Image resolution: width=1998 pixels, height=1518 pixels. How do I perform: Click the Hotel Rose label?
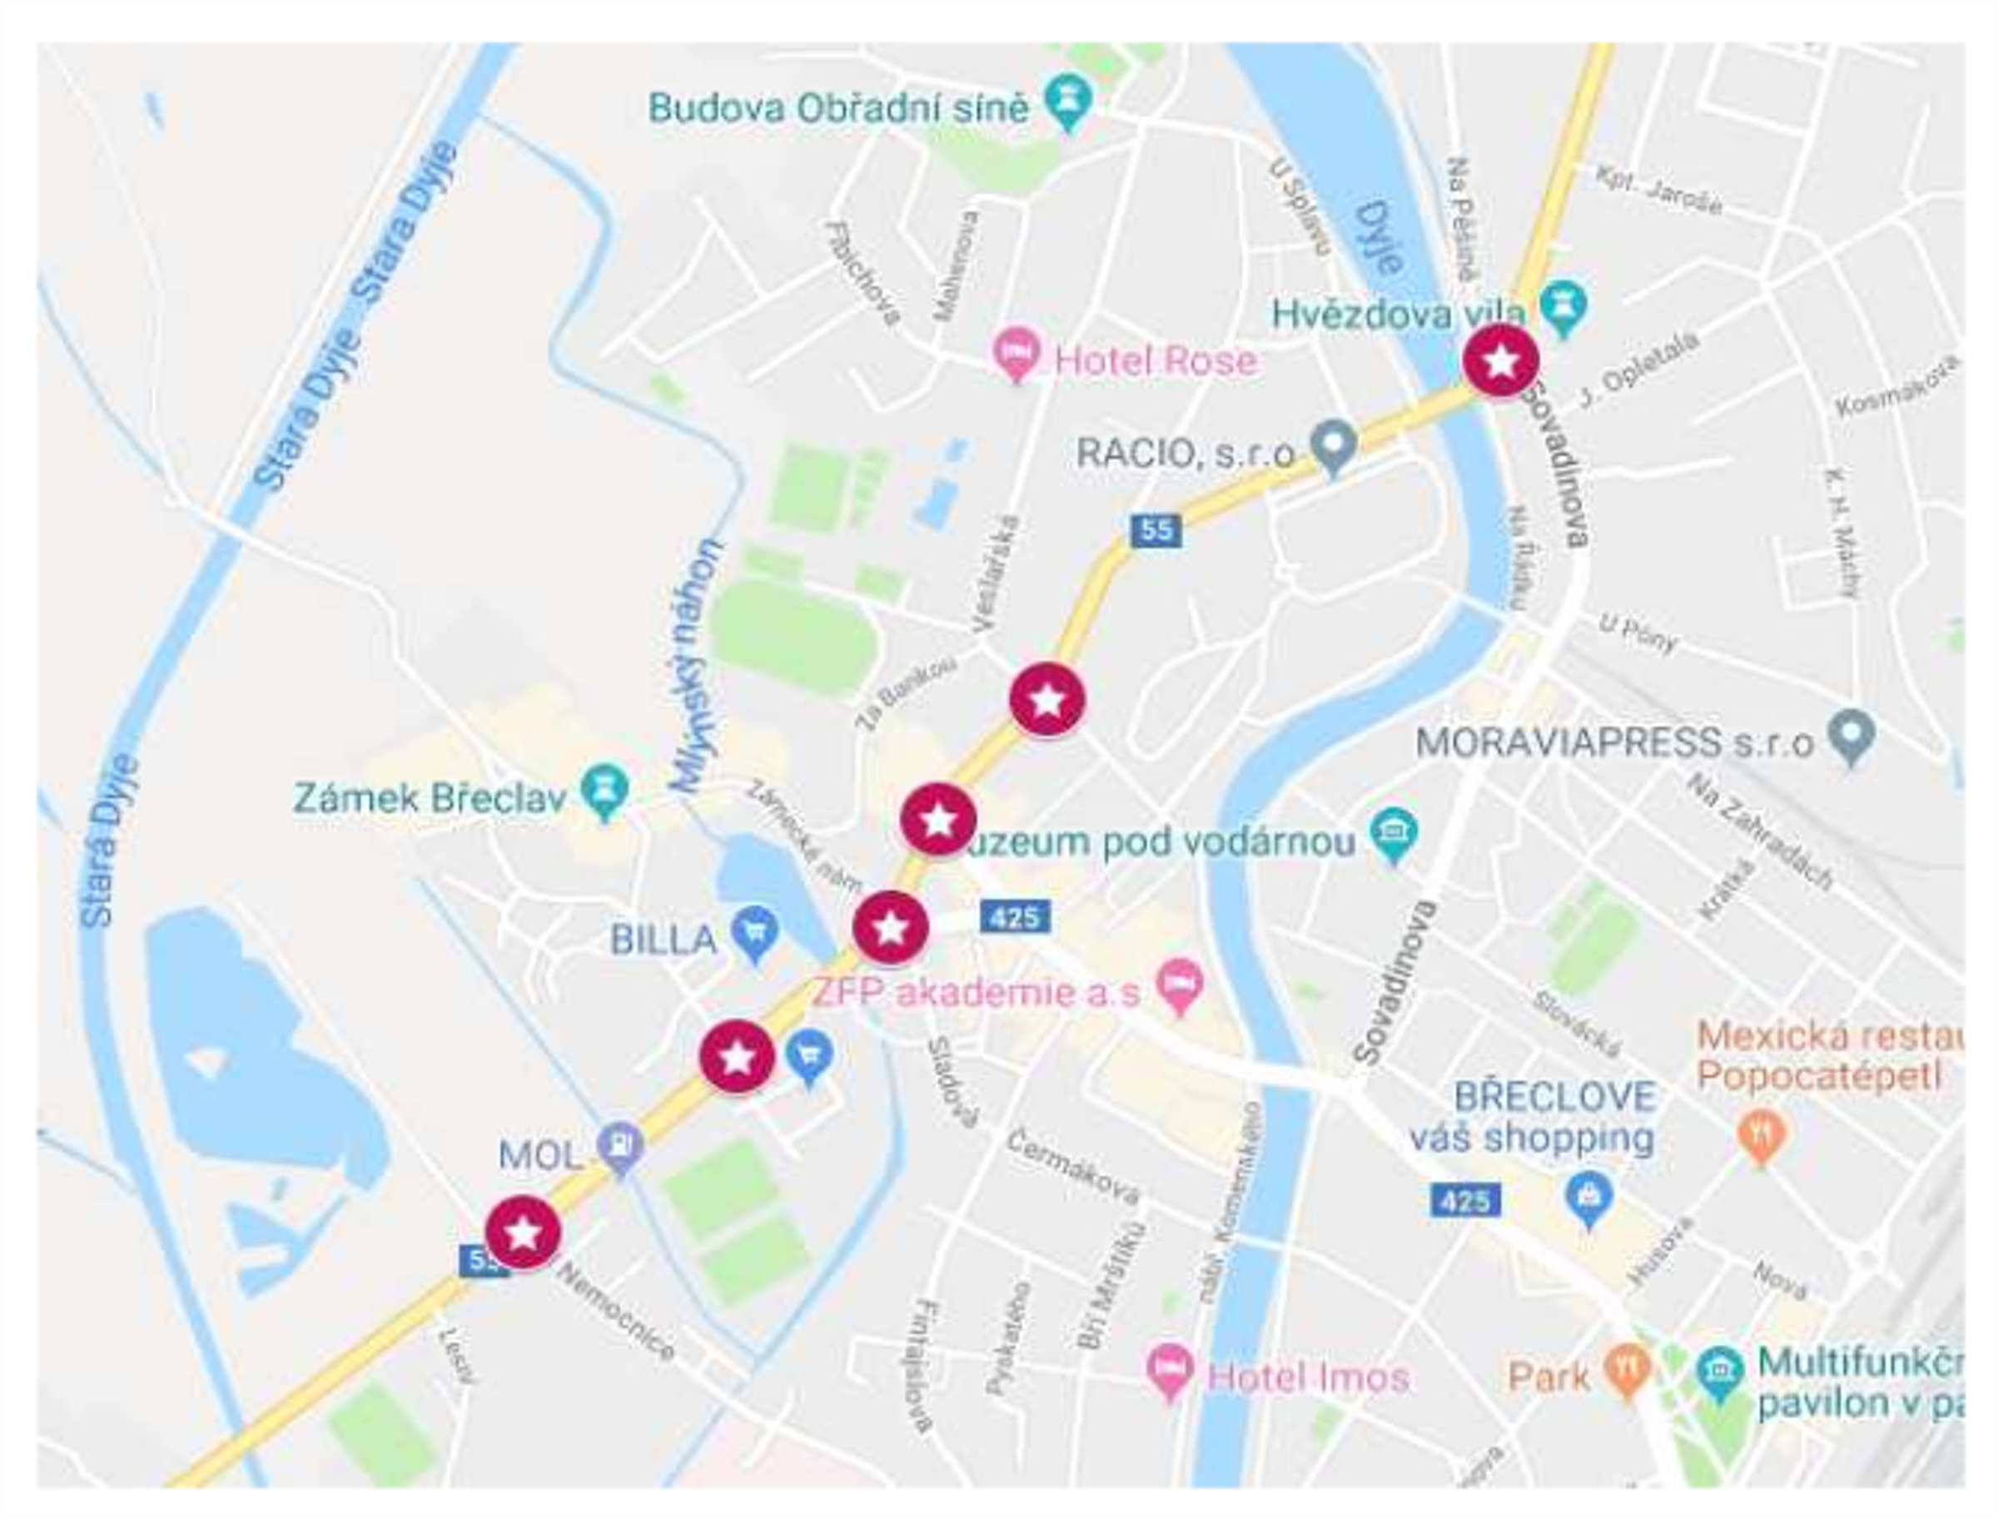(1155, 360)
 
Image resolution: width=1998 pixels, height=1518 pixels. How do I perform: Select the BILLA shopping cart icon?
(754, 932)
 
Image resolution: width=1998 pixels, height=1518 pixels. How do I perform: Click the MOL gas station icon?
(621, 1147)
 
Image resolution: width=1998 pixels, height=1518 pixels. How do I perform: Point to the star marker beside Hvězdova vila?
(1501, 360)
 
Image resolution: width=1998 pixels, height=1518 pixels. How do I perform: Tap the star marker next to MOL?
(523, 1232)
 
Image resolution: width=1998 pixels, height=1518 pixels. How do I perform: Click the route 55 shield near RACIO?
(1156, 529)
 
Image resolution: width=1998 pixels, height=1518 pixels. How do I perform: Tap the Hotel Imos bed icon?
(1170, 1371)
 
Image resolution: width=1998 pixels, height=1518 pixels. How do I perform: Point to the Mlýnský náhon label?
(697, 667)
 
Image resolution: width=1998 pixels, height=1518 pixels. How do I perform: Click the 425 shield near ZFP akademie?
(1015, 918)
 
